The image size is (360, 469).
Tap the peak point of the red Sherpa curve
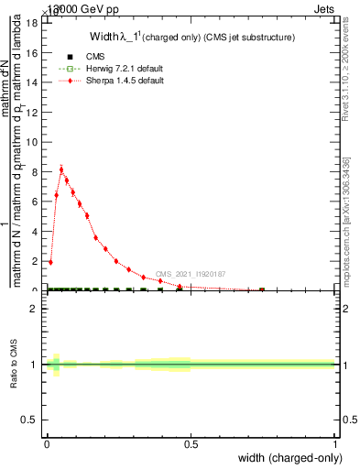point(61,169)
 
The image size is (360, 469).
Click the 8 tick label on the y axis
point(36,170)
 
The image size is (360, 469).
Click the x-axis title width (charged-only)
point(286,458)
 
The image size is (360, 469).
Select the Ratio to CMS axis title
point(15,364)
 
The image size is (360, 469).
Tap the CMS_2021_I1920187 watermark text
point(190,274)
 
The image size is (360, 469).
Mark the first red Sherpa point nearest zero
point(50,262)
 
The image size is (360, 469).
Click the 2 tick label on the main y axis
point(36,260)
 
